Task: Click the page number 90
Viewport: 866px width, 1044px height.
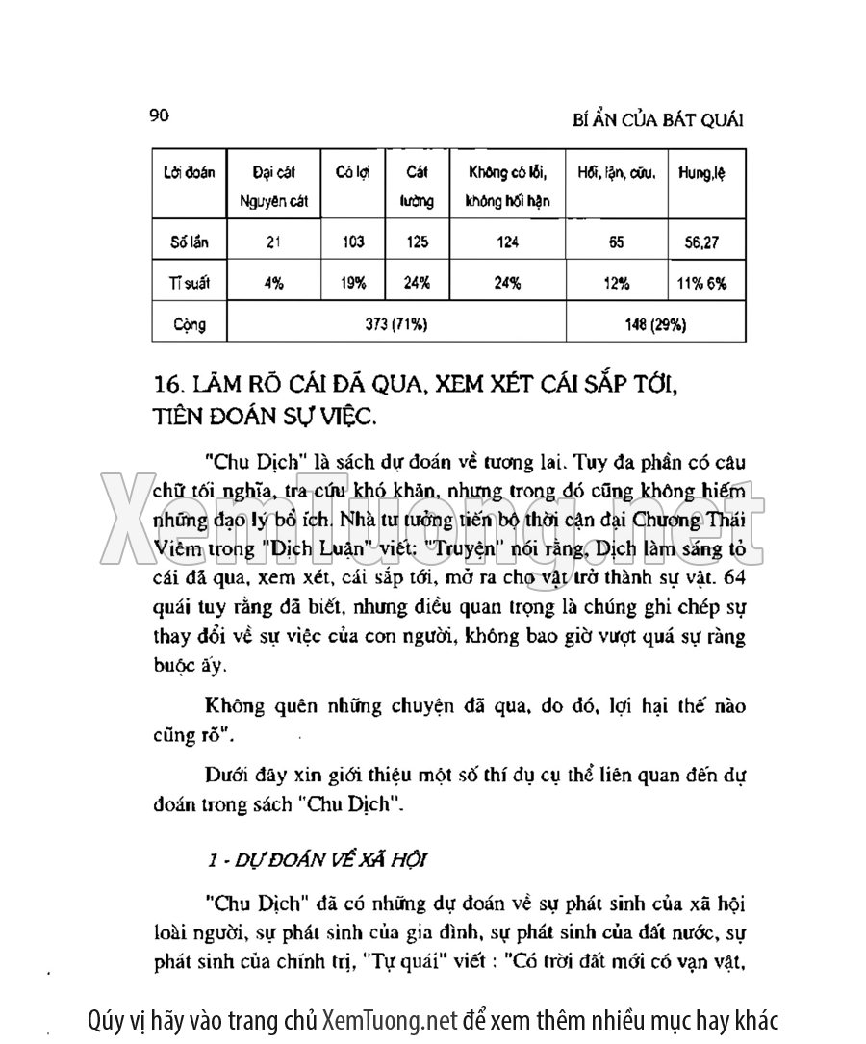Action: (160, 116)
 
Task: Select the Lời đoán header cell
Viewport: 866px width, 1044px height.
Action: (189, 173)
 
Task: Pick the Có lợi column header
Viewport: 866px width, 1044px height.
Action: (352, 173)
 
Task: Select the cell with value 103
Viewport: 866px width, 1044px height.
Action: (352, 242)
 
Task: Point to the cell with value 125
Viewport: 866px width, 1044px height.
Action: (417, 242)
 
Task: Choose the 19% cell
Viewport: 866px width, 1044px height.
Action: (352, 284)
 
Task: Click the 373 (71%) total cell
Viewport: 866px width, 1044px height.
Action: (395, 324)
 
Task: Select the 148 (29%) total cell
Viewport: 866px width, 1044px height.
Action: (654, 324)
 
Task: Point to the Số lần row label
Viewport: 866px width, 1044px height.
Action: (189, 242)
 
